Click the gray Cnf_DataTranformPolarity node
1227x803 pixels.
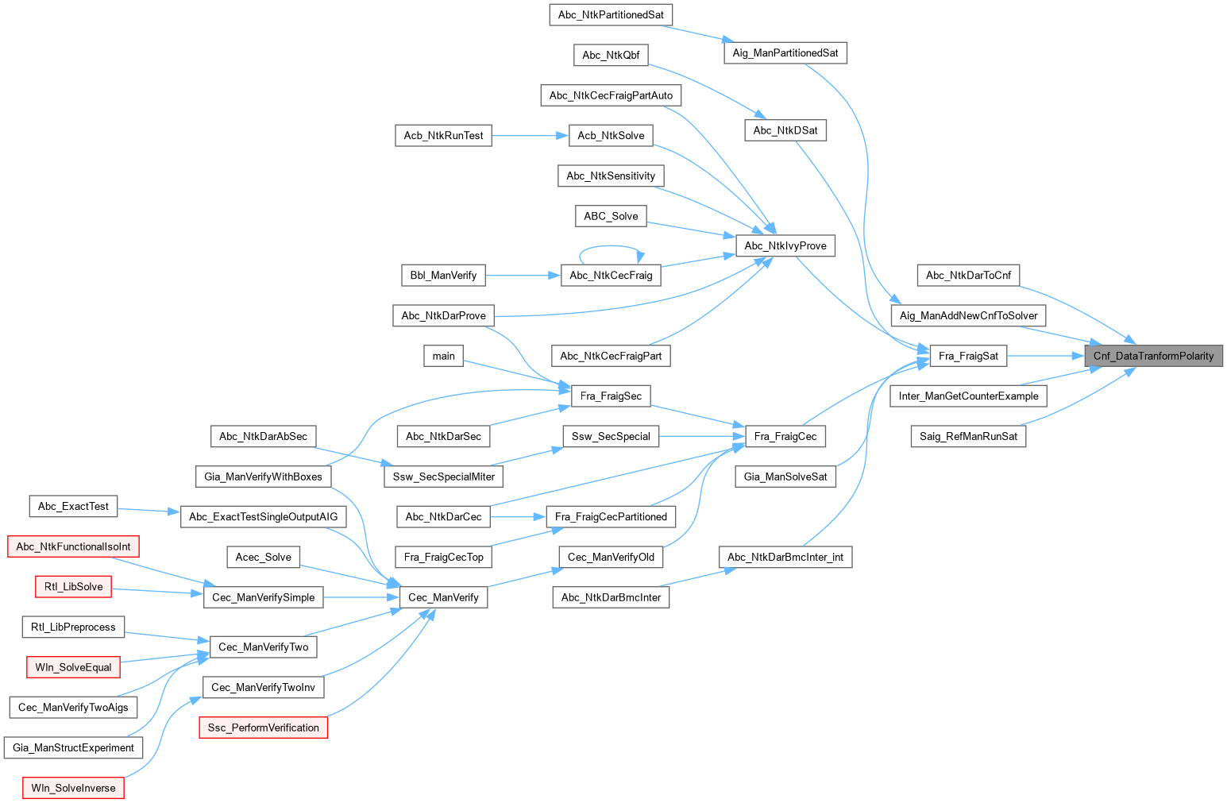pyautogui.click(x=1153, y=356)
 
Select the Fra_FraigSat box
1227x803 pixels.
pyautogui.click(x=968, y=356)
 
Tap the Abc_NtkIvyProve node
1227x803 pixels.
pyautogui.click(x=785, y=245)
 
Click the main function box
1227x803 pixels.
pyautogui.click(x=443, y=356)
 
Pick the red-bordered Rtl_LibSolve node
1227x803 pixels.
pyautogui.click(x=74, y=587)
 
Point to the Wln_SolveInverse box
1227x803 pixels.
pyautogui.click(x=73, y=788)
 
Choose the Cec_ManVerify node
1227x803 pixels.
pyautogui.click(x=443, y=597)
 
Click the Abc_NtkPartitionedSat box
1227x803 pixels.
pyautogui.click(x=611, y=14)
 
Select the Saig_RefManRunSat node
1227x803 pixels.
pyautogui.click(x=968, y=436)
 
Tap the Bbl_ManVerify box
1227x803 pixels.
pyautogui.click(x=443, y=276)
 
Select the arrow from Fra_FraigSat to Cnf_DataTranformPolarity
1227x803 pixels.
pyautogui.click(x=1045, y=356)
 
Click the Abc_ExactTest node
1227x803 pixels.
pyautogui.click(x=73, y=506)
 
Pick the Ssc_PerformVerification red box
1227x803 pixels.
pyautogui.click(x=263, y=728)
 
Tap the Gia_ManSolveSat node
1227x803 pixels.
pyautogui.click(x=785, y=477)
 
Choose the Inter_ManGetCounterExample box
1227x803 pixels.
pyautogui.click(x=968, y=396)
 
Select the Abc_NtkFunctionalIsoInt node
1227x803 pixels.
pyautogui.click(x=73, y=546)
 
